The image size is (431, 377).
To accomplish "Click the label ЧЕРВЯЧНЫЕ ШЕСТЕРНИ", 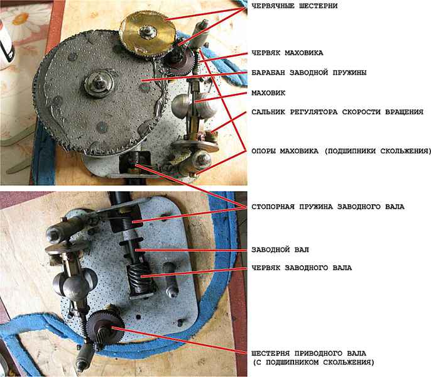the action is tap(295, 6).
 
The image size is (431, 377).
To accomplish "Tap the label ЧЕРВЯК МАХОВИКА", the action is tap(288, 53).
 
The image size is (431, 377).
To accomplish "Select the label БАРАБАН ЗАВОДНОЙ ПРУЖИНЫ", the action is tap(309, 73).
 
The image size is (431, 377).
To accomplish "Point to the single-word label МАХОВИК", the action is tap(268, 93).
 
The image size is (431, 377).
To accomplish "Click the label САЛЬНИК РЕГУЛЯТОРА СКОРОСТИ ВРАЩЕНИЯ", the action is tap(337, 112).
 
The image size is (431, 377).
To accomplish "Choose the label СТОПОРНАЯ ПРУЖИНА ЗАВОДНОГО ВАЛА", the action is tap(328, 207).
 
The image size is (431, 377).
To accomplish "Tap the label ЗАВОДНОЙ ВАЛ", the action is tap(280, 249).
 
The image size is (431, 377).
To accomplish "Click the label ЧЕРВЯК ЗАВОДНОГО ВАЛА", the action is tap(302, 268).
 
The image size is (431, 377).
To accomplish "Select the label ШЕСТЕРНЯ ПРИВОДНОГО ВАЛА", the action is tap(309, 353).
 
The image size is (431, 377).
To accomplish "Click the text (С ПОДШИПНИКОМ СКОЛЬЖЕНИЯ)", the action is tap(314, 363).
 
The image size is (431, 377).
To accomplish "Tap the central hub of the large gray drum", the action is tap(99, 84).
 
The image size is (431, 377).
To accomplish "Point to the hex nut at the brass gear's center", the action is tap(148, 31).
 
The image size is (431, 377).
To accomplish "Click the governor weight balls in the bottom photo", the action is tap(74, 282).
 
